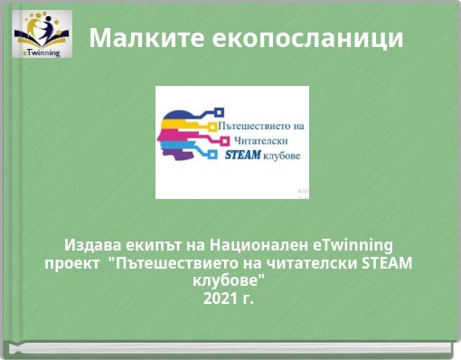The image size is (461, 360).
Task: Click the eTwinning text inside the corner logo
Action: click(42, 52)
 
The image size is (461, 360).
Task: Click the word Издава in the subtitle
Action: click(90, 245)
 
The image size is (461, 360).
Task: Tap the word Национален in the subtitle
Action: click(258, 245)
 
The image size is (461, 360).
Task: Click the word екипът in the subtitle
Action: click(149, 245)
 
